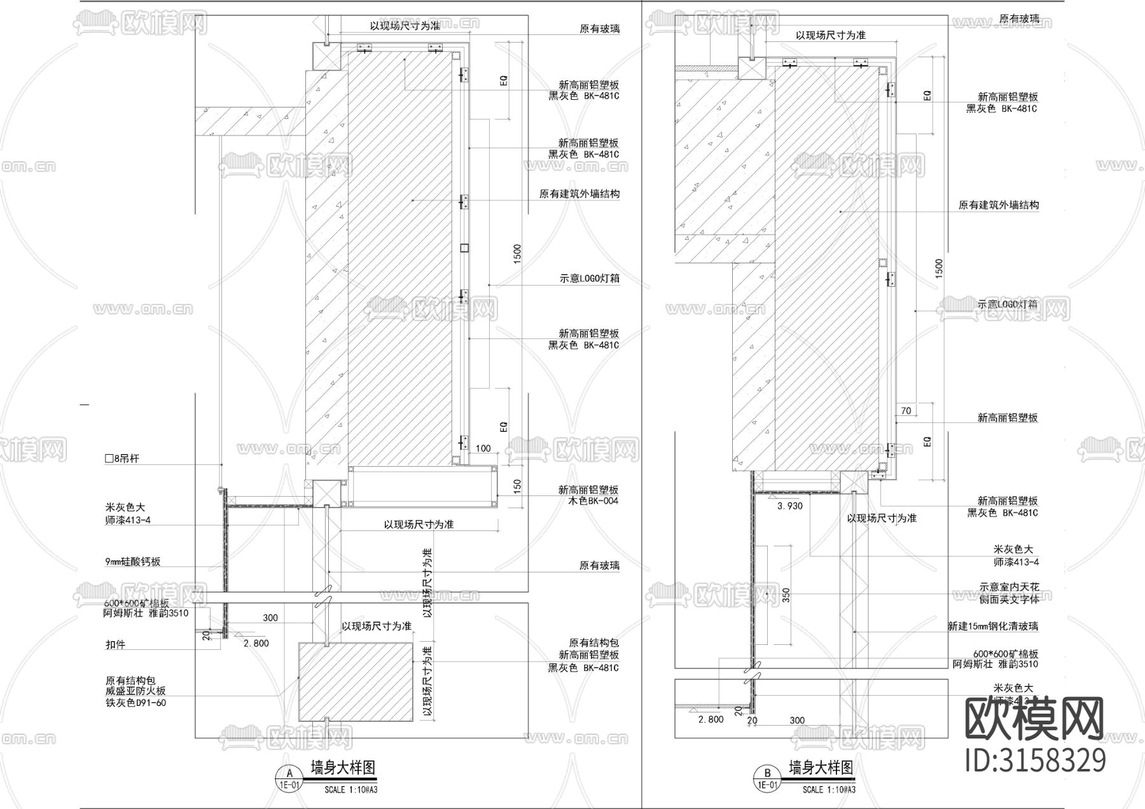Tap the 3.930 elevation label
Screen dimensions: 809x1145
[790, 506]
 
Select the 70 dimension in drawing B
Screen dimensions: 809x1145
[906, 411]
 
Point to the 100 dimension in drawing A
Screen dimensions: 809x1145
[483, 448]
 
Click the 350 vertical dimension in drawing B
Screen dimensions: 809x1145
[786, 595]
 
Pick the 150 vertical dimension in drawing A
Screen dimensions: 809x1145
[517, 486]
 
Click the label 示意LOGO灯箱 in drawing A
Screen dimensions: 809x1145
[590, 279]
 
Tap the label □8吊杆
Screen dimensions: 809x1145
[122, 458]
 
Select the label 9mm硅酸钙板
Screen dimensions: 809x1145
[133, 562]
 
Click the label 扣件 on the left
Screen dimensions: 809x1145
[116, 644]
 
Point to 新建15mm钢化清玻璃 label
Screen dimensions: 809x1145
[992, 626]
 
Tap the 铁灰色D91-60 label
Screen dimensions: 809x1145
[135, 703]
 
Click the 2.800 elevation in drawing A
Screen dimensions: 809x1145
[256, 643]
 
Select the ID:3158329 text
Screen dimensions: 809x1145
[1036, 760]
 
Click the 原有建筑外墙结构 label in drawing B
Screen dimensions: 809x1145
[999, 205]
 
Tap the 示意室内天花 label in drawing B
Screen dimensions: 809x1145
[1009, 587]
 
